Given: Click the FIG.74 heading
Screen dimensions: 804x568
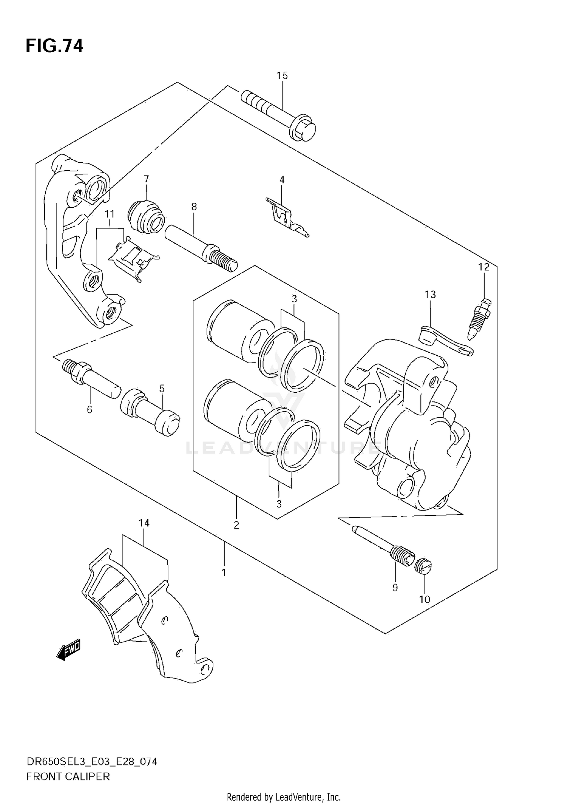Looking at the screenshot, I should tap(54, 46).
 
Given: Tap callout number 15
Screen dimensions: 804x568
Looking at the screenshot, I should tap(282, 76).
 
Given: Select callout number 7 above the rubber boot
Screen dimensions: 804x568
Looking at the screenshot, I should tap(146, 178).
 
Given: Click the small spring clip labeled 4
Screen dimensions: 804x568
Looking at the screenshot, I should tap(286, 218).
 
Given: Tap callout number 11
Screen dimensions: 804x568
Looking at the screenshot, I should tap(109, 214).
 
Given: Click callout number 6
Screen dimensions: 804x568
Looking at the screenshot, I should tap(89, 409).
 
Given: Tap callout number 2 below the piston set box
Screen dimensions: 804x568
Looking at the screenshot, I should tap(236, 525).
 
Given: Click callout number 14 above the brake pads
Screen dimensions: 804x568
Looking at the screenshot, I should tap(144, 523).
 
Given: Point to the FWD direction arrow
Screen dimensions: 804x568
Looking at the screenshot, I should tap(69, 650).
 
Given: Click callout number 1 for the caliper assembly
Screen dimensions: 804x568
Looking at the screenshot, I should tap(224, 572).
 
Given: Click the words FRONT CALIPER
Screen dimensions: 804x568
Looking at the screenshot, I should tap(68, 776).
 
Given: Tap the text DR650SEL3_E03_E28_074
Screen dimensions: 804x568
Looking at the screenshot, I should tap(91, 762).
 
